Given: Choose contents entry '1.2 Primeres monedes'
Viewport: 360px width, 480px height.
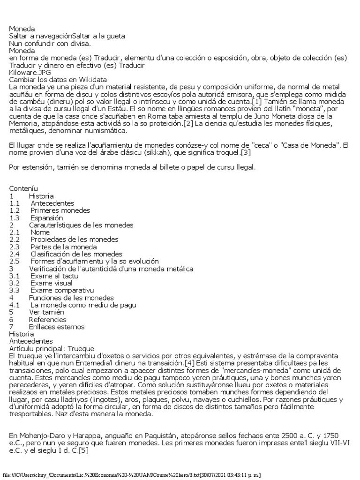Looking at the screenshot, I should point(50,210).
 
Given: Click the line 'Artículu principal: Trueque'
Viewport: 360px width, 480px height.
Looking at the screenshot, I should point(52,349).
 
